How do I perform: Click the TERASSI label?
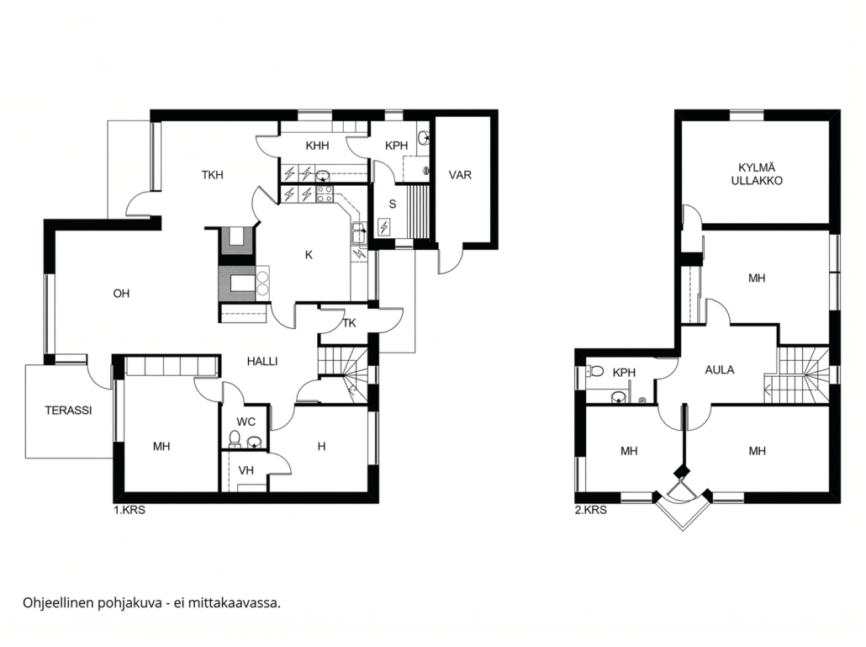68,411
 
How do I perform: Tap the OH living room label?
122,294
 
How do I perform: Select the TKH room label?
212,175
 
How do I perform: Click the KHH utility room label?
317,146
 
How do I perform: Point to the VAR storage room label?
460,175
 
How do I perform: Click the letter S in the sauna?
393,204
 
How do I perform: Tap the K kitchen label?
309,255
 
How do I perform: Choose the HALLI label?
262,362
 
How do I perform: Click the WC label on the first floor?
246,422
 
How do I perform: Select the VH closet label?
246,470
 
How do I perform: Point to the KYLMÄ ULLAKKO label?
757,174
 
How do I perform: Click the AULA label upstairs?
720,370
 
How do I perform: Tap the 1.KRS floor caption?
129,511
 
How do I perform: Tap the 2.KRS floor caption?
590,511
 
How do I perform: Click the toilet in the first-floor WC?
235,438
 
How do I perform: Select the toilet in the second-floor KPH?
595,371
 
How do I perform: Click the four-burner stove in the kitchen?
324,194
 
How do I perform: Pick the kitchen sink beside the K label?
359,232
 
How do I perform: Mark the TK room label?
349,323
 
